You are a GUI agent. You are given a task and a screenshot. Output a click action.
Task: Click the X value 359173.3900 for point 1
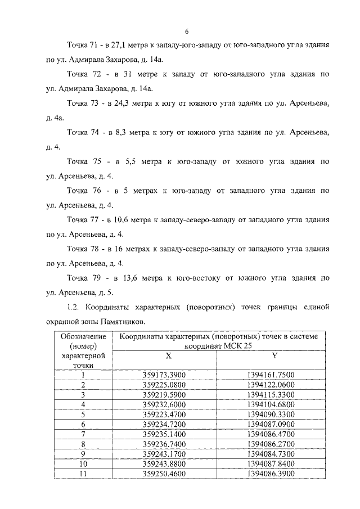pyautogui.click(x=168, y=376)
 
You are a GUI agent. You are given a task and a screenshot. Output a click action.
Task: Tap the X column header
pyautogui.click(x=168, y=355)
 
